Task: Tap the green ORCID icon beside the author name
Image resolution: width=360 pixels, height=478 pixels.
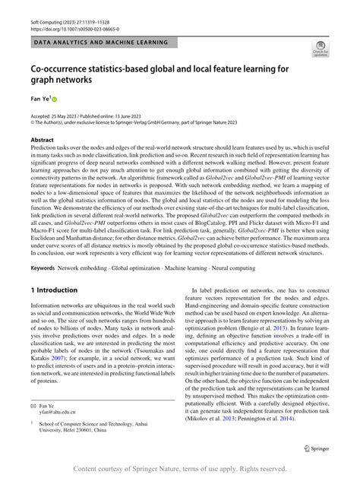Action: pos(55,98)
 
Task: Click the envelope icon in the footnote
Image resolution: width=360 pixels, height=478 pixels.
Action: pos(34,407)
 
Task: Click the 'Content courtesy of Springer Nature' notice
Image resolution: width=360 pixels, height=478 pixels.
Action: pos(180,469)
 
